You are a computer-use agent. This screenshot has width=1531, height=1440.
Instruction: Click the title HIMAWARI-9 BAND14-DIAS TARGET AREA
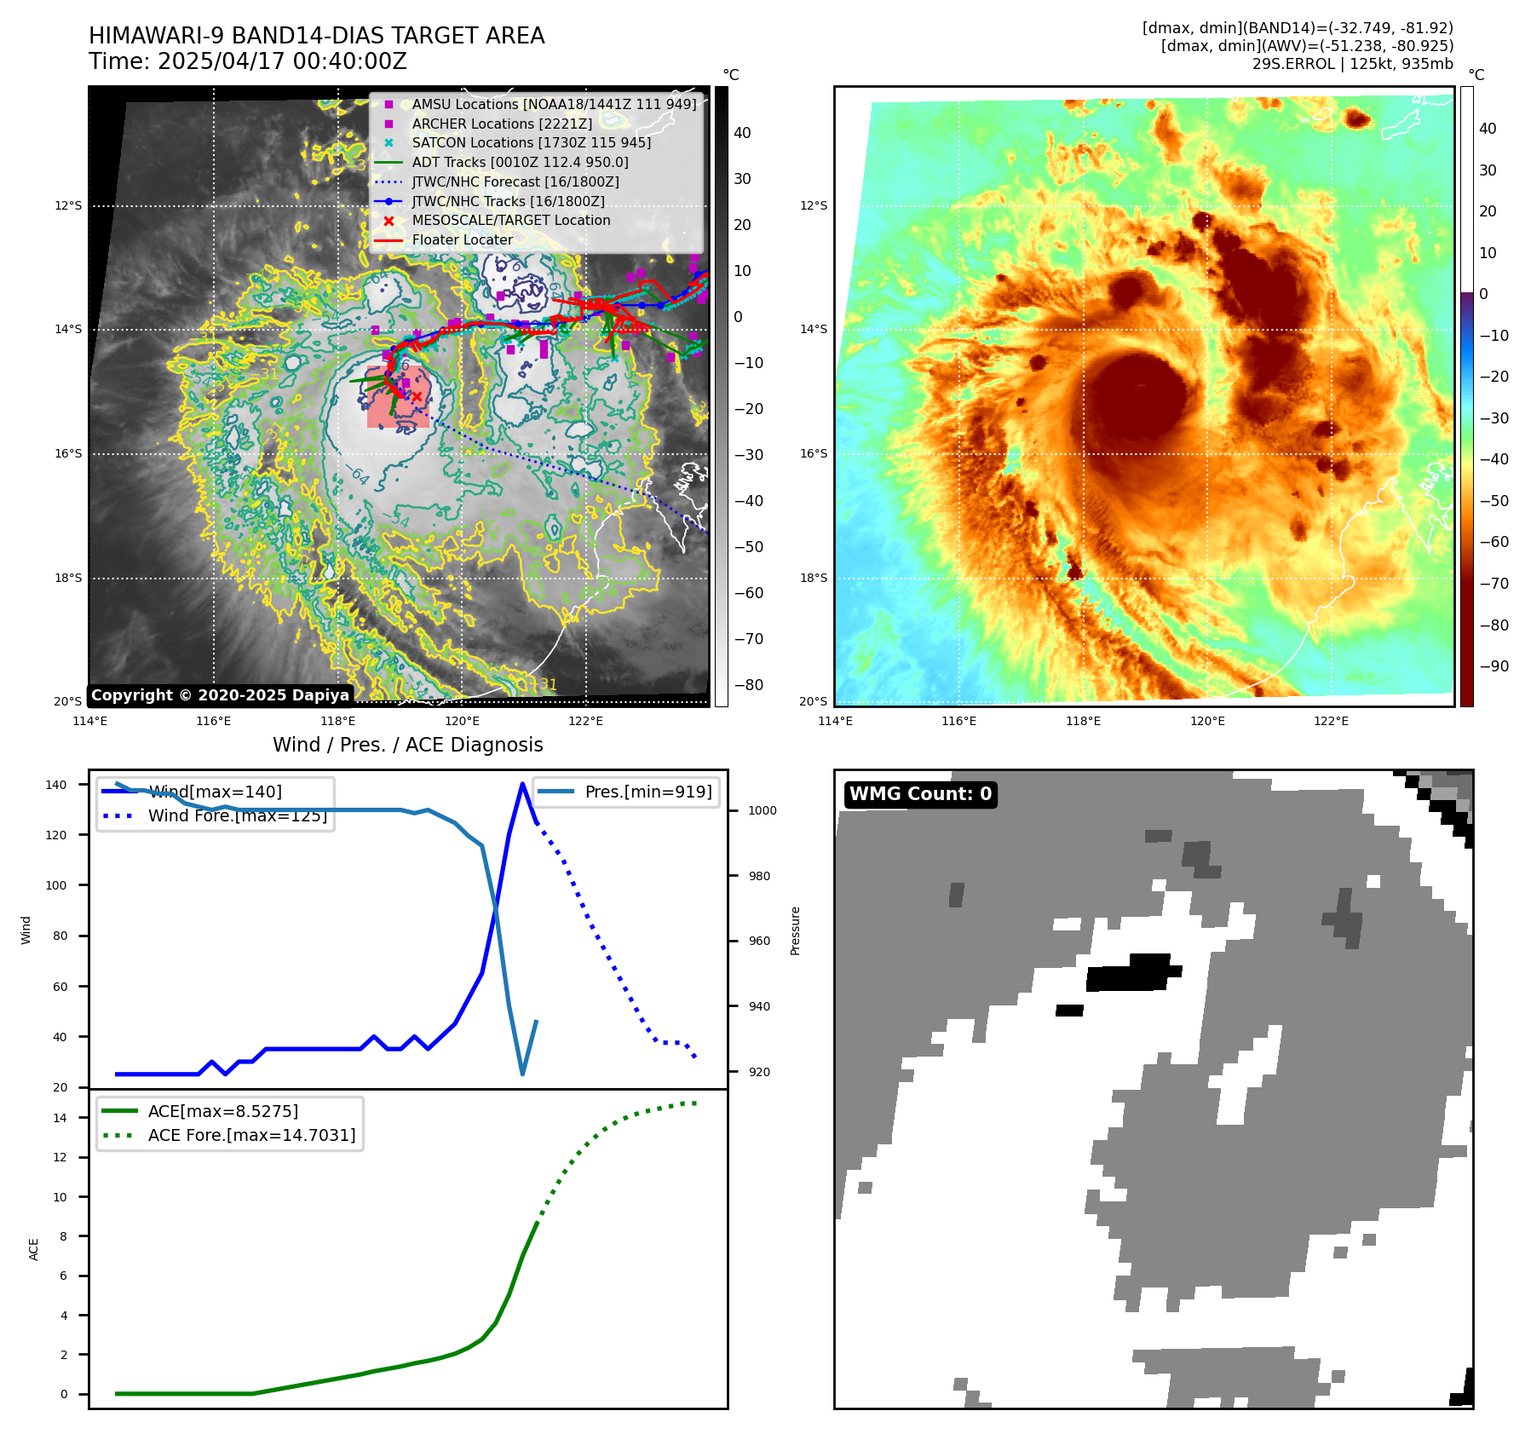pyautogui.click(x=316, y=36)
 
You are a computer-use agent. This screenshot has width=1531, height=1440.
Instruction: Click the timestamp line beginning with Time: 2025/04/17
pyautogui.click(x=247, y=61)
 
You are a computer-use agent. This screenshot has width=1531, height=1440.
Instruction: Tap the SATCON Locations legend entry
pyautogui.click(x=531, y=142)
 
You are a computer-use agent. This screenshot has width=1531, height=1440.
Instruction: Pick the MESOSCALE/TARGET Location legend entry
pyautogui.click(x=510, y=220)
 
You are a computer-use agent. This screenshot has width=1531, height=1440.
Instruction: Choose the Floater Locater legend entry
pyautogui.click(x=462, y=239)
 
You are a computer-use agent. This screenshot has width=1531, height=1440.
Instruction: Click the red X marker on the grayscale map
pyautogui.click(x=417, y=396)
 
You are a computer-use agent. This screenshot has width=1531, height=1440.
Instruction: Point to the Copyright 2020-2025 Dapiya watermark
pyautogui.click(x=220, y=695)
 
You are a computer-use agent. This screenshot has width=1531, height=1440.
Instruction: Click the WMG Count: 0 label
pyautogui.click(x=920, y=794)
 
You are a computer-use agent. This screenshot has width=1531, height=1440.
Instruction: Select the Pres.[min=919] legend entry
pyautogui.click(x=648, y=792)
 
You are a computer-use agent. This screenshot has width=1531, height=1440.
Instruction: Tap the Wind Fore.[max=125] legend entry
pyautogui.click(x=237, y=815)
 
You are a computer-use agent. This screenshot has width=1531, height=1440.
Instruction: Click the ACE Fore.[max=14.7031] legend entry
pyautogui.click(x=251, y=1135)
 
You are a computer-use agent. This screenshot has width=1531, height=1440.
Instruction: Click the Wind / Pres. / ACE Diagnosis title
pyautogui.click(x=407, y=745)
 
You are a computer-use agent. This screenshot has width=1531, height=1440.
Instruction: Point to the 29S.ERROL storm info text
pyautogui.click(x=1352, y=64)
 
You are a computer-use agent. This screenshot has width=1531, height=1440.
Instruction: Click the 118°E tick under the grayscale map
pyautogui.click(x=338, y=721)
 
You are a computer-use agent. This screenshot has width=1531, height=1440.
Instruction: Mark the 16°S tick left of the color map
pyautogui.click(x=813, y=453)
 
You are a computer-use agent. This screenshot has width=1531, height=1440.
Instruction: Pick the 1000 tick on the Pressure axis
pyautogui.click(x=762, y=810)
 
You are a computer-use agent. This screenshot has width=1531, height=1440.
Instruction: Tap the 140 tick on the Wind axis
pyautogui.click(x=56, y=785)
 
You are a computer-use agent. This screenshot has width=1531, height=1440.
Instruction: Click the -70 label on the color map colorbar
pyautogui.click(x=1494, y=584)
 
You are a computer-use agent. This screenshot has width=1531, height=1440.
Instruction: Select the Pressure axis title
pyautogui.click(x=795, y=930)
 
